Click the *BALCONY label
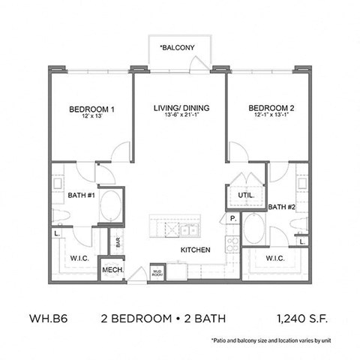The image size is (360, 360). coord(177,49)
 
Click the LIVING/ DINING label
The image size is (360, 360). coord(181,108)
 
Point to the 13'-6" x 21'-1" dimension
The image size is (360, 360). coord(181,117)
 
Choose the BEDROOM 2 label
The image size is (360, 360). coord(271,108)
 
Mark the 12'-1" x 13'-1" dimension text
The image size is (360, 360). coord(271,117)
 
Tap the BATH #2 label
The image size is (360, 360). coord(280,207)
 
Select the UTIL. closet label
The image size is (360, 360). coord(246,194)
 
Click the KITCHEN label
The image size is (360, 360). coord(195,250)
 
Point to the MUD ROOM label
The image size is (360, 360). coord(157,271)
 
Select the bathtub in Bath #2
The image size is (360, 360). coord(254,229)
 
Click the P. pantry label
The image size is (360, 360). coord(233,218)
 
